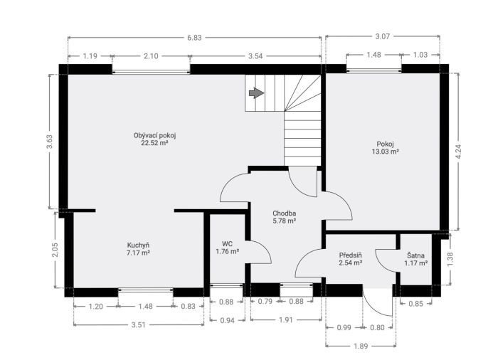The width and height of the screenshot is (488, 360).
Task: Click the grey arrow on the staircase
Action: (256, 92)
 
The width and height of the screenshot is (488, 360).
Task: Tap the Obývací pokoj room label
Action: (155, 139)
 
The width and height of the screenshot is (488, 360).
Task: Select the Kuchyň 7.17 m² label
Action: (138, 248)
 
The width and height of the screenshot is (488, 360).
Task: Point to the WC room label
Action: (228, 248)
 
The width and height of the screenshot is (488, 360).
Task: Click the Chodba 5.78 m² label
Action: (284, 217)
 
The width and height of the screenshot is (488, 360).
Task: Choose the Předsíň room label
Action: (351, 259)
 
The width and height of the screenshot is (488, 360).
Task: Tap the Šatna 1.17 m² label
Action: (415, 259)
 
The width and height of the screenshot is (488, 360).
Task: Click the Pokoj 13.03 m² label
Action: (386, 148)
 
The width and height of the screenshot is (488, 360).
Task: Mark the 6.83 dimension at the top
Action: (194, 38)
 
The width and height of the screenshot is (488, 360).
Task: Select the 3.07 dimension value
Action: (383, 36)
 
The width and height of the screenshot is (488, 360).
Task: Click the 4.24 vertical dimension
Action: (458, 152)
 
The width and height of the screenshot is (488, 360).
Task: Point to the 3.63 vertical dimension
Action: (50, 142)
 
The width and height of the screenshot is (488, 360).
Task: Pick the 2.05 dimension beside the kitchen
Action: (55, 250)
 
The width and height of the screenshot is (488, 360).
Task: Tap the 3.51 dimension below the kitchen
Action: (139, 325)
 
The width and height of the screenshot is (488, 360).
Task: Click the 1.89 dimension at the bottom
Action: (361, 346)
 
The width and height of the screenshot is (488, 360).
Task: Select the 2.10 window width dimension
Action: (151, 56)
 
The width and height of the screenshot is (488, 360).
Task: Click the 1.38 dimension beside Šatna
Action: (450, 259)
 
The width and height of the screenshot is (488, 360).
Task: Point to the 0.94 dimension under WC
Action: (227, 320)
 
